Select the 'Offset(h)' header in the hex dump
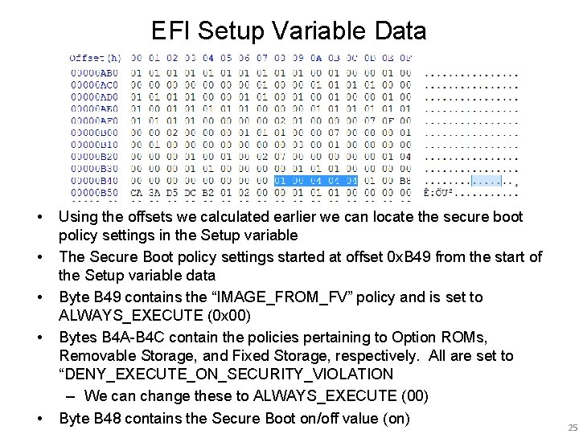click(94, 58)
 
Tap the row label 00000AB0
click(94, 72)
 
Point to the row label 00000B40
click(94, 181)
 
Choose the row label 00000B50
click(94, 193)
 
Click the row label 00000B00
click(94, 133)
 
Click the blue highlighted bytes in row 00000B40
click(315, 181)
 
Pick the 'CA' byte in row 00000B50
click(136, 193)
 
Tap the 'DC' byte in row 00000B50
click(190, 193)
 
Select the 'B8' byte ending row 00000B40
click(404, 181)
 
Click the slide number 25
click(572, 427)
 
